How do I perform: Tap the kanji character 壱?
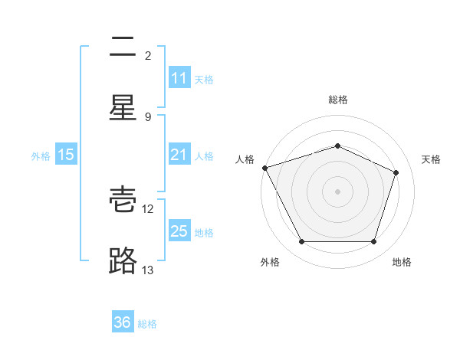click(123, 200)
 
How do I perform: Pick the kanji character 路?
click(123, 260)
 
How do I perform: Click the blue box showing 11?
click(179, 78)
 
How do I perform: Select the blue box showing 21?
click(179, 155)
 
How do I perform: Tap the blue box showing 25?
click(179, 231)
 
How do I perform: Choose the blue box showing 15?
click(66, 155)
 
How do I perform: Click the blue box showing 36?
click(123, 322)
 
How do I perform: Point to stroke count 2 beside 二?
click(148, 56)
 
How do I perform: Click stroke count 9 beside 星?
click(148, 117)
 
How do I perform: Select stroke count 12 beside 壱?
click(149, 209)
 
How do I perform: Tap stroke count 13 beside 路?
click(149, 270)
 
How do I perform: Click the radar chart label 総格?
click(338, 100)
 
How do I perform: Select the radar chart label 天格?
click(432, 159)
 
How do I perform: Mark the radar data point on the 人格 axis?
click(264, 168)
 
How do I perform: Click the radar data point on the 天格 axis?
click(396, 172)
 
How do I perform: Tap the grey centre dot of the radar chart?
click(338, 191)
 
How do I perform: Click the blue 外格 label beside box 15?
click(41, 155)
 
